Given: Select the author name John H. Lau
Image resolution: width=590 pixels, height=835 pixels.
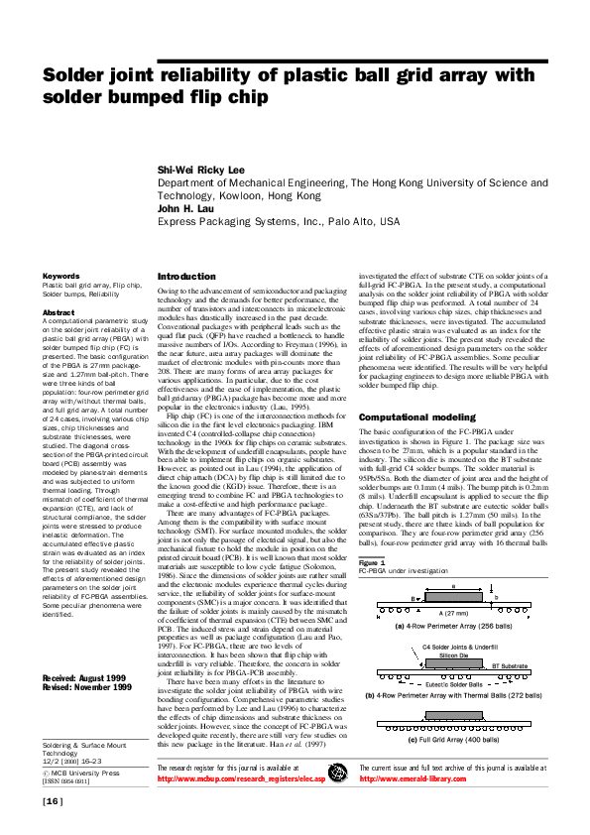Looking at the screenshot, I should (185, 209).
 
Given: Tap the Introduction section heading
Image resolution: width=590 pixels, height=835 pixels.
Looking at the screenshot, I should (186, 276).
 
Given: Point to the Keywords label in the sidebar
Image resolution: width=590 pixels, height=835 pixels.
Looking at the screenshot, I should (60, 276).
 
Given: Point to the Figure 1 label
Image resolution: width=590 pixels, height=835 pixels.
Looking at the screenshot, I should (372, 537).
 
